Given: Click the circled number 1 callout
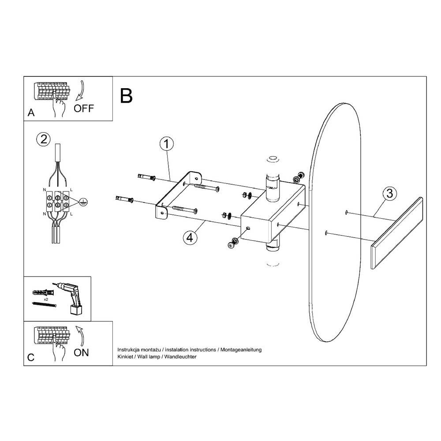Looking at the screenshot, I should coord(166,144).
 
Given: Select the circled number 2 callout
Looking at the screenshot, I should coord(43,139).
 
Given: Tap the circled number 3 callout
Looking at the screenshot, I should coord(389,193).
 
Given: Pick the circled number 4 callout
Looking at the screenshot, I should coord(189,237).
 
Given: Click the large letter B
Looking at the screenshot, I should coord(127,96).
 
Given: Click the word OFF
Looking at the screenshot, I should coord(84,108).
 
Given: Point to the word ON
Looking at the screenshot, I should coord(81,352).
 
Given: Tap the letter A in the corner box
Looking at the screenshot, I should coord(31,113).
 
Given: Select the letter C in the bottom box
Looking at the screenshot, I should coord(30,357).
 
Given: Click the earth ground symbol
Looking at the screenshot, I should coord(82,202).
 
